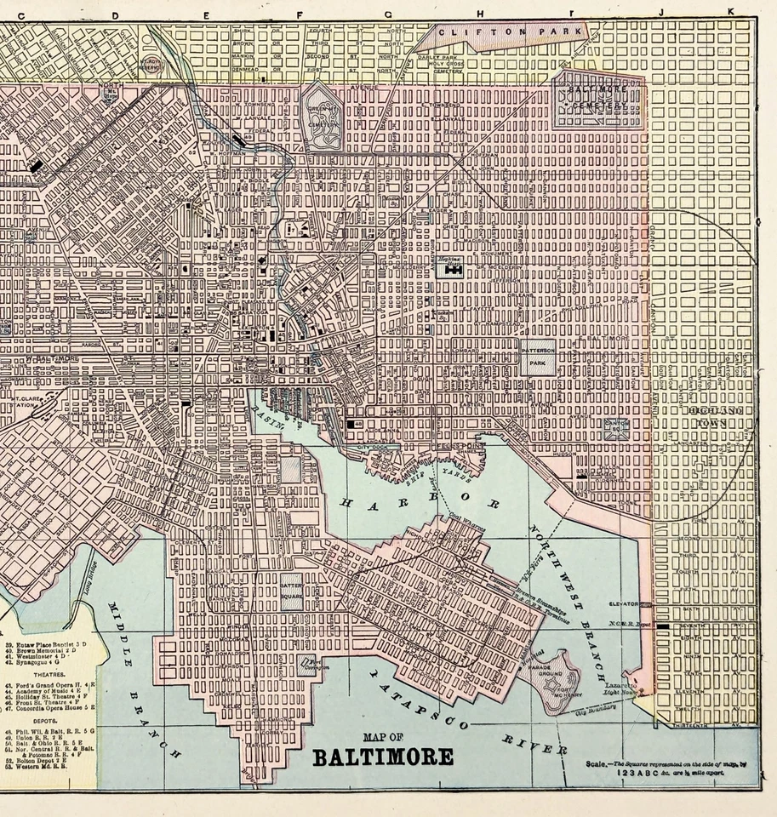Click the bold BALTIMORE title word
coord(383,757)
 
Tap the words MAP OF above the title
coord(382,738)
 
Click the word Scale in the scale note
coord(596,763)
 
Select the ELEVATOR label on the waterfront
coord(625,603)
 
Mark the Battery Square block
coord(293,591)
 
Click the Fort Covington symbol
coord(314,665)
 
